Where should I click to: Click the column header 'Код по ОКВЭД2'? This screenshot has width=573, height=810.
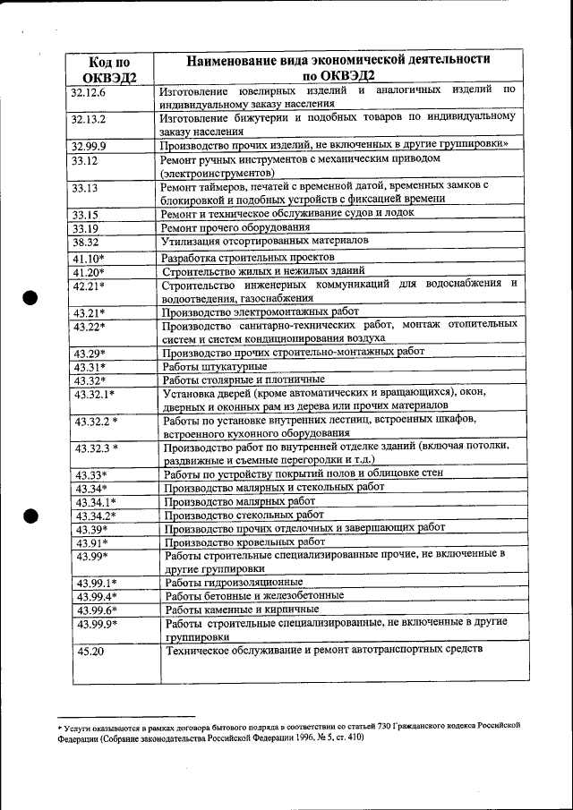pyautogui.click(x=110, y=68)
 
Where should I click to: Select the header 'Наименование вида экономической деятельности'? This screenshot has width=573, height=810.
pyautogui.click(x=338, y=60)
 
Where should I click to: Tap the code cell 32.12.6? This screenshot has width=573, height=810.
pyautogui.click(x=89, y=92)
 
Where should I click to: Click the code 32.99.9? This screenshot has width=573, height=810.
pyautogui.click(x=89, y=145)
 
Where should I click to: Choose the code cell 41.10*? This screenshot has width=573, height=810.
pyautogui.click(x=89, y=259)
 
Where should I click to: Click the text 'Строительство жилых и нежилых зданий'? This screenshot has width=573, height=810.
pyautogui.click(x=262, y=271)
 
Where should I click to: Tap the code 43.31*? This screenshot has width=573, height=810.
pyautogui.click(x=90, y=367)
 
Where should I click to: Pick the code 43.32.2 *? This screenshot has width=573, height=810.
pyautogui.click(x=97, y=422)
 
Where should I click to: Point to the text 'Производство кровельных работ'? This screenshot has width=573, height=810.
pyautogui.click(x=244, y=541)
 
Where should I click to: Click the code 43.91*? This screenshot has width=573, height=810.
pyautogui.click(x=91, y=542)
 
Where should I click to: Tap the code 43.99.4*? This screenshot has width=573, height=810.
pyautogui.click(x=97, y=596)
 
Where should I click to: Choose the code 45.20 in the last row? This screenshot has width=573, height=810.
pyautogui.click(x=90, y=652)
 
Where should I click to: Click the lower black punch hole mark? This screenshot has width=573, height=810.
pyautogui.click(x=30, y=516)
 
